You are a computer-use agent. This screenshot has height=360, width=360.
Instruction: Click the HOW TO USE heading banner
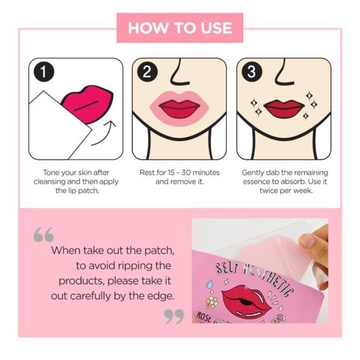pyautogui.click(x=180, y=28)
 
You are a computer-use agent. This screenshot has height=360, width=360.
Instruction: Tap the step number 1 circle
pyautogui.click(x=44, y=71)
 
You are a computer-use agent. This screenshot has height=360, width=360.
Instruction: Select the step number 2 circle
pyautogui.click(x=148, y=71)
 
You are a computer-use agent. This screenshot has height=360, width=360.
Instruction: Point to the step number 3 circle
pyautogui.click(x=252, y=71)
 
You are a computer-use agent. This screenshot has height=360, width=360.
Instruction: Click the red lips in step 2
pyautogui.click(x=179, y=109)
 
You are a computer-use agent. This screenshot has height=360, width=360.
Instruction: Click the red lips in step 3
pyautogui.click(x=284, y=109)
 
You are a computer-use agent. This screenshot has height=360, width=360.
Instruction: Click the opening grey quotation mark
pyautogui.click(x=44, y=234)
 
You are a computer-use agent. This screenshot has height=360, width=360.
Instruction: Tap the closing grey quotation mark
pyautogui.click(x=174, y=316)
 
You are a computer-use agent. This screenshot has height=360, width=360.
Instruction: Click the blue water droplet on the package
pyautogui.click(x=209, y=284)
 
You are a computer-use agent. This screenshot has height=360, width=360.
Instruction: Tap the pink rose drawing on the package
pyautogui.click(x=279, y=318)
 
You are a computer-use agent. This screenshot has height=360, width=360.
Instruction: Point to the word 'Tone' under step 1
pyautogui.click(x=50, y=172)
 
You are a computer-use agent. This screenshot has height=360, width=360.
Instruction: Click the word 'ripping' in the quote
pyautogui.click(x=134, y=266)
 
